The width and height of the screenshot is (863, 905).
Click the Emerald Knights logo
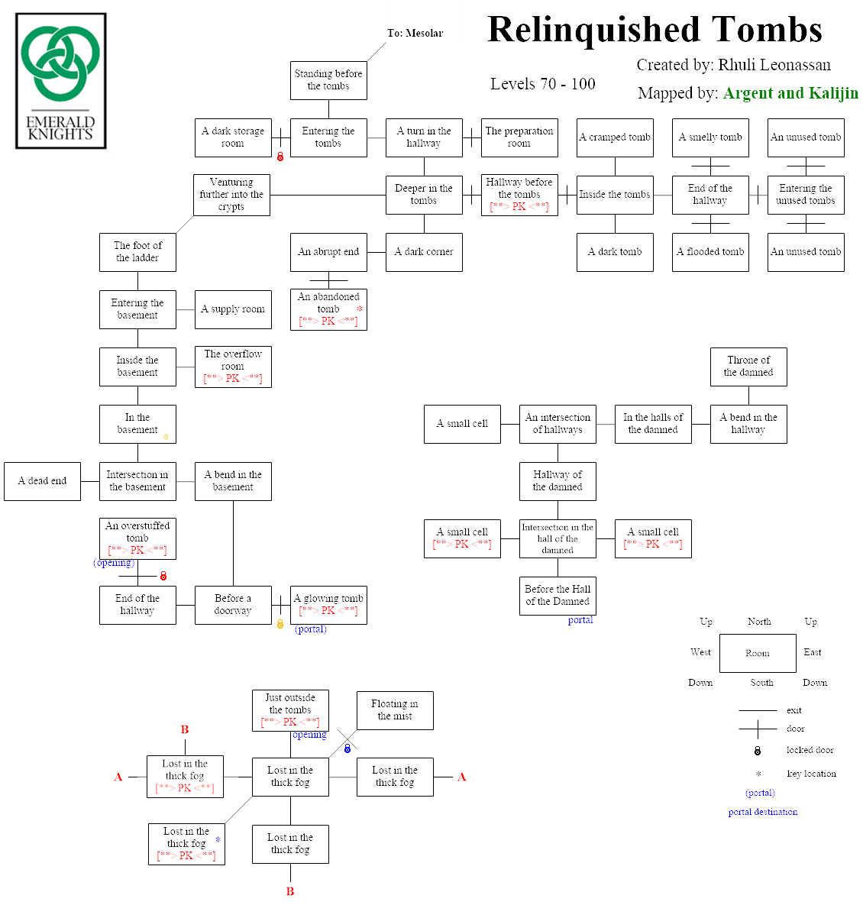61,81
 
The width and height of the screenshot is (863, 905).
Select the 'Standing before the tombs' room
328,80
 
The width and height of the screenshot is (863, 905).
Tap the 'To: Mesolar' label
415,33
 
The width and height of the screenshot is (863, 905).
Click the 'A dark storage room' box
233,137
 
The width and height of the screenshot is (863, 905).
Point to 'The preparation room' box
519,137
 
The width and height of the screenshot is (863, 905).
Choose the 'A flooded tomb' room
710,252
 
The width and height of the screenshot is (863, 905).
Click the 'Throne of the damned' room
748,367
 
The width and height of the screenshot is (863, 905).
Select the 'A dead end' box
42,481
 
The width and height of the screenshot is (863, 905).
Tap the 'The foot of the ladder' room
137,252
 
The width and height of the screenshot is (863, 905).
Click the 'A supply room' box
233,309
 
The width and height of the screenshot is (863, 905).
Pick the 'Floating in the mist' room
395,710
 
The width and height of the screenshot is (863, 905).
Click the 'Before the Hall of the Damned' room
558,596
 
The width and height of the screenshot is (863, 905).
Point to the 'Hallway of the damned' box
558,481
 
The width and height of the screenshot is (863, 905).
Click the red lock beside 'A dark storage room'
280,157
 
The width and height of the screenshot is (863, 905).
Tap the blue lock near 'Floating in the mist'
347,748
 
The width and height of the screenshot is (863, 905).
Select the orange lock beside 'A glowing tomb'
280,624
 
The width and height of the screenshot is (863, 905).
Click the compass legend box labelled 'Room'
758,653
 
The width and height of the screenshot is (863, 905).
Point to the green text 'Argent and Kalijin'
790,93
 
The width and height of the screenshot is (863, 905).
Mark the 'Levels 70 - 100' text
543,84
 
